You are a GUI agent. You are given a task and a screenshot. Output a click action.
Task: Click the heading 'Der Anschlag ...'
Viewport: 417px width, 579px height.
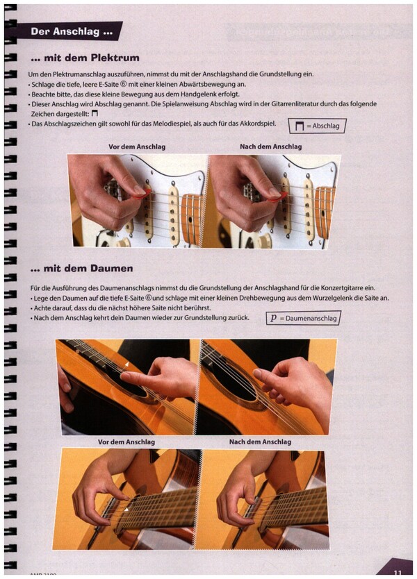point(72,32)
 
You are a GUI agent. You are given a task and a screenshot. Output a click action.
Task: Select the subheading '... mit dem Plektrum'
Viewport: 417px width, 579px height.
point(85,58)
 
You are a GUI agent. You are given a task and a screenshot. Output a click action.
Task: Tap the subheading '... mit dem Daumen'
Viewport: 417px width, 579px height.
point(82,269)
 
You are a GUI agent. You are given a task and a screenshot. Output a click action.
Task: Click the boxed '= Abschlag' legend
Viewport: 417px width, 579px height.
point(317,126)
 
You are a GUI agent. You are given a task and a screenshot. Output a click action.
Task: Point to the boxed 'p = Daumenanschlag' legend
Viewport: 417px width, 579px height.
point(304,318)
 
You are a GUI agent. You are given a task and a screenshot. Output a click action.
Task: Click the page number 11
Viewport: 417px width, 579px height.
point(398,573)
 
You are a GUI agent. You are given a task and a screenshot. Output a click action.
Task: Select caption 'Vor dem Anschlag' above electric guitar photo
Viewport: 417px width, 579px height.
point(137,146)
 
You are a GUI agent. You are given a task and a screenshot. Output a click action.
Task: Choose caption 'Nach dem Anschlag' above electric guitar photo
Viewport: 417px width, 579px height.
point(270,146)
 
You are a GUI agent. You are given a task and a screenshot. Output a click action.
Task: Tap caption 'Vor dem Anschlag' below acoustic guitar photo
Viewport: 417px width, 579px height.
point(126,442)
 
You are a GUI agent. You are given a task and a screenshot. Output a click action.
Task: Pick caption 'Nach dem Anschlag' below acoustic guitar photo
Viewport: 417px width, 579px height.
point(260,442)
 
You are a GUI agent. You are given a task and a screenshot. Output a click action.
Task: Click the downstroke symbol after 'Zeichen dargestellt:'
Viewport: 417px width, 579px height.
point(95,114)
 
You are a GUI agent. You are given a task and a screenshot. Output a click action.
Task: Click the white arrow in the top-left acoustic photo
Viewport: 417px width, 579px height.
point(126,364)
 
